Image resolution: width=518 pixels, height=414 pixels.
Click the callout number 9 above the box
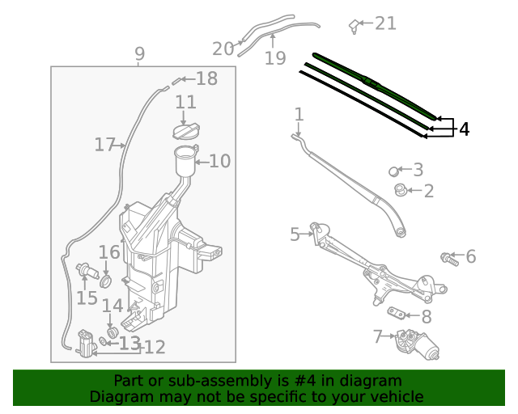pyautogui.click(x=140, y=54)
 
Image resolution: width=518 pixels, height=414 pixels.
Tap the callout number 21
pyautogui.click(x=385, y=23)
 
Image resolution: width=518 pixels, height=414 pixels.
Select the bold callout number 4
pyautogui.click(x=464, y=129)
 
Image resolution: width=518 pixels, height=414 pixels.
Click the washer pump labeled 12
pyautogui.click(x=85, y=344)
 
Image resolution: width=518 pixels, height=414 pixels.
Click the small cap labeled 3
pyautogui.click(x=394, y=171)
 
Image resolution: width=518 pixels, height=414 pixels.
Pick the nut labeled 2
pyautogui.click(x=400, y=191)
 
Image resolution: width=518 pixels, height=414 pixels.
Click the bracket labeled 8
pyautogui.click(x=397, y=314)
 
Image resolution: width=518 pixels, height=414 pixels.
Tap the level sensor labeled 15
pyautogui.click(x=84, y=271)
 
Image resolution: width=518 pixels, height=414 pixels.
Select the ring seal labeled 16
pyautogui.click(x=106, y=281)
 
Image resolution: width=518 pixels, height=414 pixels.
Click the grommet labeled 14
pyautogui.click(x=113, y=332)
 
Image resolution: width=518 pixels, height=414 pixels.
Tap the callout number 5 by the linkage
pyautogui.click(x=295, y=234)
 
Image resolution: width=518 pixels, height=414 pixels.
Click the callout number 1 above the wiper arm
pyautogui.click(x=299, y=114)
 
